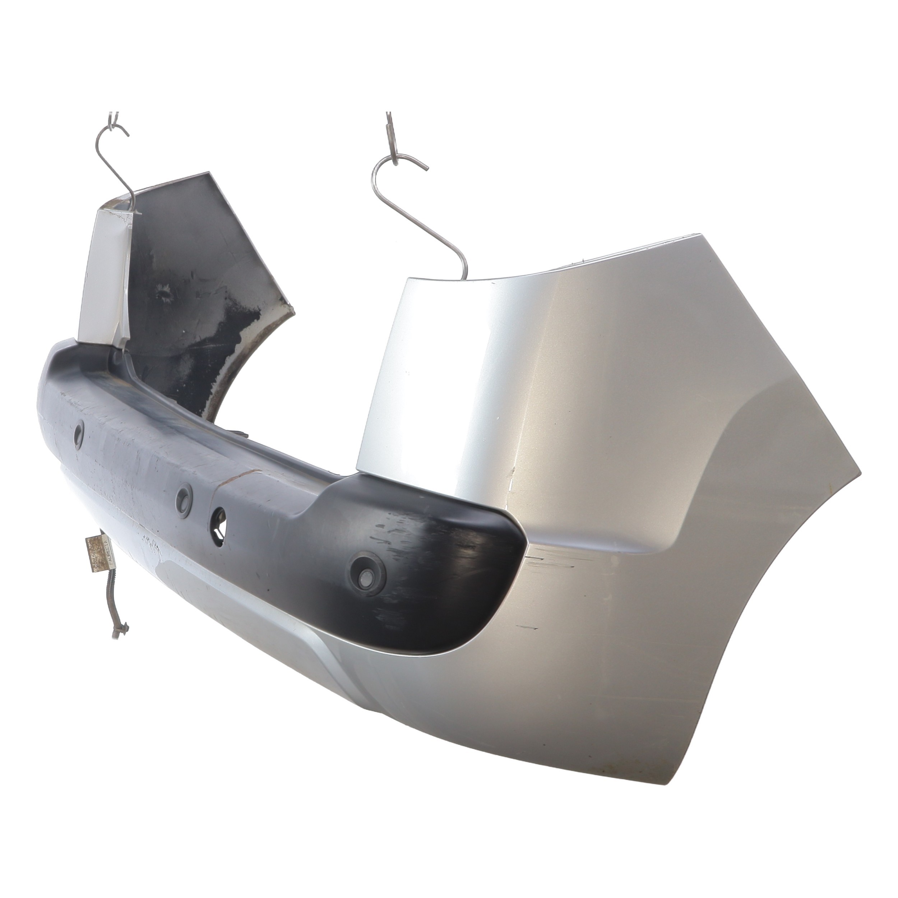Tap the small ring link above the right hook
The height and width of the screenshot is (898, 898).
[390, 135]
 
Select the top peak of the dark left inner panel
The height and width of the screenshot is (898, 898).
[209, 174]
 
